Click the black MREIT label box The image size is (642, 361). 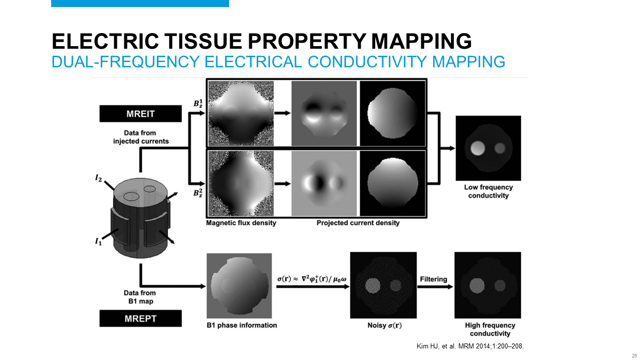pos(140,114)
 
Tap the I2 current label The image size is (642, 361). pos(100,178)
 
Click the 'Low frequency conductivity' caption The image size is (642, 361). pos(488,191)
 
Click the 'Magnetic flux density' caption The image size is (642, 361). pos(241,223)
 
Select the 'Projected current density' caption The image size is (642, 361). pos(358,223)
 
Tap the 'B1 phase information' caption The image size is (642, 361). pos(241,325)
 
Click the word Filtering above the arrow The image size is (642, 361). pos(433,279)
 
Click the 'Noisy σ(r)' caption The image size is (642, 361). pos(383,325)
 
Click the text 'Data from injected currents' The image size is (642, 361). pos(140,137)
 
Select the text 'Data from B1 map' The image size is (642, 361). pos(140,297)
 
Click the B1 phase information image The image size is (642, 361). pos(238,285)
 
